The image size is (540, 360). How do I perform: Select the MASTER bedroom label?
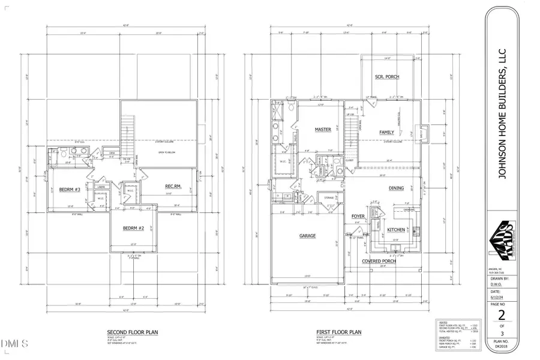[323, 130]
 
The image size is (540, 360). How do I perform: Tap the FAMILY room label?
[386, 132]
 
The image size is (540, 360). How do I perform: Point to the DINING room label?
[396, 188]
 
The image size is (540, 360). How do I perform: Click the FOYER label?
[358, 217]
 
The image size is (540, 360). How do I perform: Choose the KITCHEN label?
[395, 230]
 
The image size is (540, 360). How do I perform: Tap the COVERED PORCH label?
[382, 261]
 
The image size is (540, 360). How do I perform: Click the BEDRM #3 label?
[70, 190]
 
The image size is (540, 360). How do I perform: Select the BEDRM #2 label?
[133, 229]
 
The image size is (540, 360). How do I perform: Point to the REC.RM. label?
[173, 187]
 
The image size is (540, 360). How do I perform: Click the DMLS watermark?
[15, 344]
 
